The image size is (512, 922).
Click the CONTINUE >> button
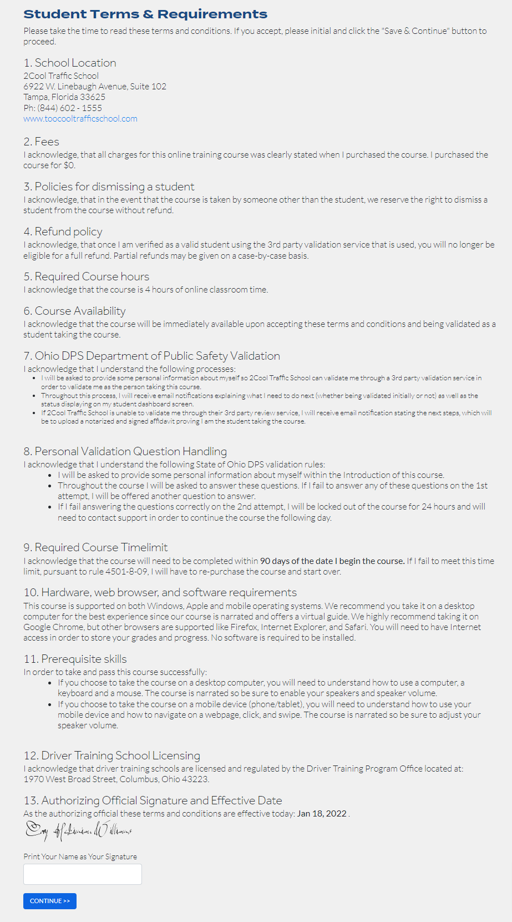click(x=49, y=901)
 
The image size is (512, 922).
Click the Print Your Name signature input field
click(x=82, y=874)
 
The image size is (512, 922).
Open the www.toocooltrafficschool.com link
click(x=80, y=119)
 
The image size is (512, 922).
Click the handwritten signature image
click(x=78, y=831)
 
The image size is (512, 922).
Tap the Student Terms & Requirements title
click(x=145, y=14)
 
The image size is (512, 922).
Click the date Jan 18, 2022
click(x=322, y=814)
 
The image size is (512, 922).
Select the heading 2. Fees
click(x=41, y=142)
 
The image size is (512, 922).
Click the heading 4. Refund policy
click(x=63, y=232)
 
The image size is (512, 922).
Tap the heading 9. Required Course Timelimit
click(x=95, y=548)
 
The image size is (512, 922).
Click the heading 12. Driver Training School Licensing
click(x=111, y=756)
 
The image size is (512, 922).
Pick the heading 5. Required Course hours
click(x=86, y=277)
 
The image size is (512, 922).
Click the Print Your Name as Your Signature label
click(x=80, y=856)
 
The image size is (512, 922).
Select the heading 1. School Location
click(x=70, y=63)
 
